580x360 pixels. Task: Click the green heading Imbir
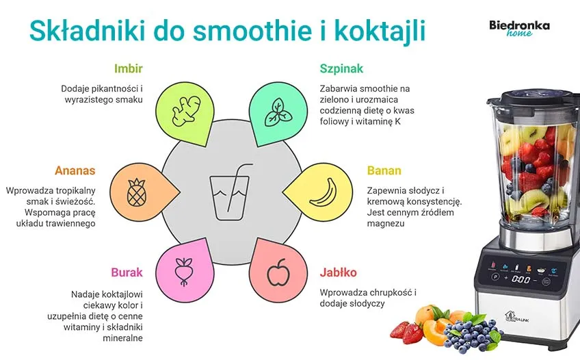click(129, 68)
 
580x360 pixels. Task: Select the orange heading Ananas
click(75, 170)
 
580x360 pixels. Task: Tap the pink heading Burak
click(127, 272)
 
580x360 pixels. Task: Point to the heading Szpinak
click(341, 68)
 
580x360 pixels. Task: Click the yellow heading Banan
click(384, 170)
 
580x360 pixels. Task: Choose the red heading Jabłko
click(338, 272)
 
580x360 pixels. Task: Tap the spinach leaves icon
click(276, 110)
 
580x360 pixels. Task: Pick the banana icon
click(322, 192)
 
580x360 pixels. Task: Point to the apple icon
click(278, 273)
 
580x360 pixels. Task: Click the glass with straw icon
click(228, 191)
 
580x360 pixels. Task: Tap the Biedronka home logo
click(519, 29)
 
